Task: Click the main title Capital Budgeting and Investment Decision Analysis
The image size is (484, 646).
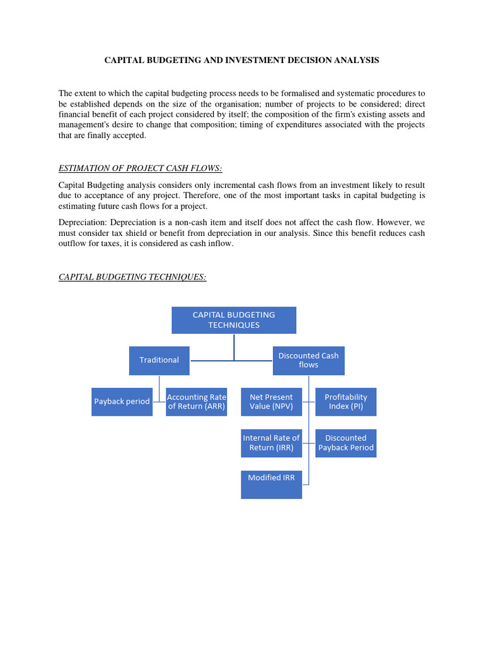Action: [241, 61]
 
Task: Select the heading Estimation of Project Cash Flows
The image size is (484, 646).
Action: [141, 168]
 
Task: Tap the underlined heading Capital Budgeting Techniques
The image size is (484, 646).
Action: [132, 277]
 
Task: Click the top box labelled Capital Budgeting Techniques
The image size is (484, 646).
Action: [234, 320]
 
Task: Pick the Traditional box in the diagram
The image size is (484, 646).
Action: [159, 360]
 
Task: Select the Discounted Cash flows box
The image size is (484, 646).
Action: [308, 360]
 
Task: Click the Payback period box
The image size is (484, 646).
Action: [122, 401]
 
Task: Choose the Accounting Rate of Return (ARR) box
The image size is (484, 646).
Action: [196, 402]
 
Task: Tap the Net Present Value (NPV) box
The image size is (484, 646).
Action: [271, 402]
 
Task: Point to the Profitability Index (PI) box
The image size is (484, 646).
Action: [345, 402]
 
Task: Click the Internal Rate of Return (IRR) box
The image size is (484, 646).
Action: [271, 443]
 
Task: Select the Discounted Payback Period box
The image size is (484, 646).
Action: [345, 443]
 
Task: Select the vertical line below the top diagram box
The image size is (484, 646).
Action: [234, 346]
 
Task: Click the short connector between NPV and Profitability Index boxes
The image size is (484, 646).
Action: [309, 402]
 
